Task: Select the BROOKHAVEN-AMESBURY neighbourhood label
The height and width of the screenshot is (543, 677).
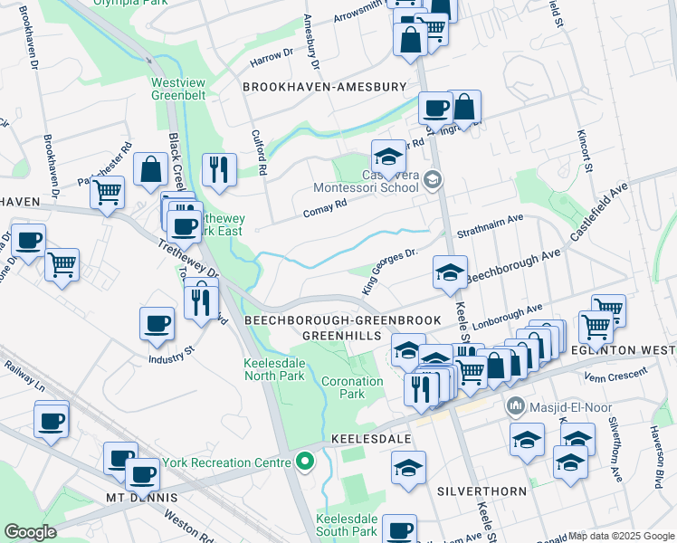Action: click(324, 87)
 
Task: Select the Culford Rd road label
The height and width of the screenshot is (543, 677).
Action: click(259, 152)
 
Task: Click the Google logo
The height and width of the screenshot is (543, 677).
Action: click(30, 532)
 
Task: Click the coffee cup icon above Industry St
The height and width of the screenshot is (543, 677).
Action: click(157, 323)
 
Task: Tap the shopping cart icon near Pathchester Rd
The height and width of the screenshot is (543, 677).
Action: click(108, 192)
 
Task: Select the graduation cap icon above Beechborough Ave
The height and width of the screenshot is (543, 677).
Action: click(450, 271)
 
